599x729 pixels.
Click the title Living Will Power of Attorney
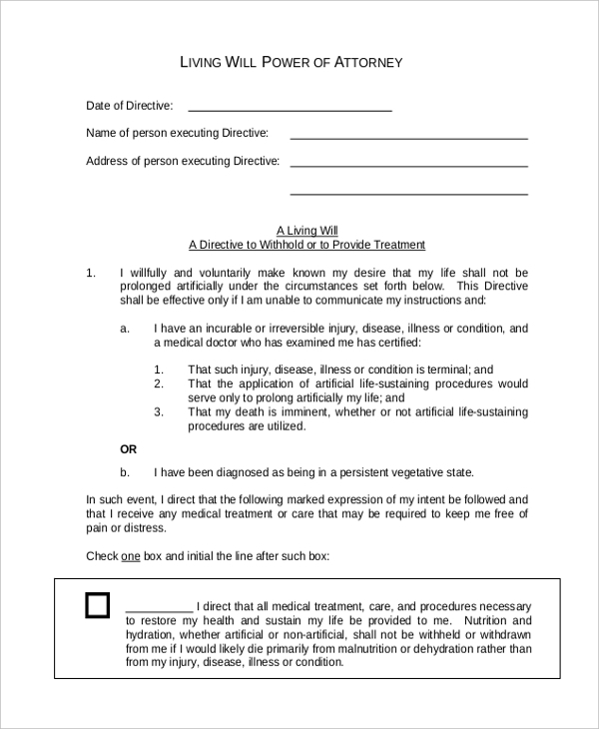click(291, 62)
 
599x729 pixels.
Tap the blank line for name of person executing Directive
click(408, 136)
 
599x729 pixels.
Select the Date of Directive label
click(130, 105)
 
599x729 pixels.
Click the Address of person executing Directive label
click(183, 161)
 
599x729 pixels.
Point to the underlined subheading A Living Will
click(306, 230)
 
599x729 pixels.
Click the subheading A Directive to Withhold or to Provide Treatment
click(306, 245)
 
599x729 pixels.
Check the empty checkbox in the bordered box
click(97, 606)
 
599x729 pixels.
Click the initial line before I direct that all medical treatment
click(159, 608)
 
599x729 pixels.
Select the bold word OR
click(129, 449)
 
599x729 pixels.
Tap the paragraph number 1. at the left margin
click(91, 273)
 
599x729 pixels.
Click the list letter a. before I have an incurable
click(125, 328)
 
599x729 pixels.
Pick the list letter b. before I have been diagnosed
click(125, 472)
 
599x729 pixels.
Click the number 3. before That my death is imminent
click(159, 410)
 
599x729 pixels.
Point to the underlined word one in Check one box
click(130, 555)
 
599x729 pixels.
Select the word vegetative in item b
click(408, 472)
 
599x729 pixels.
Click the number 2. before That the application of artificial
click(159, 382)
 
